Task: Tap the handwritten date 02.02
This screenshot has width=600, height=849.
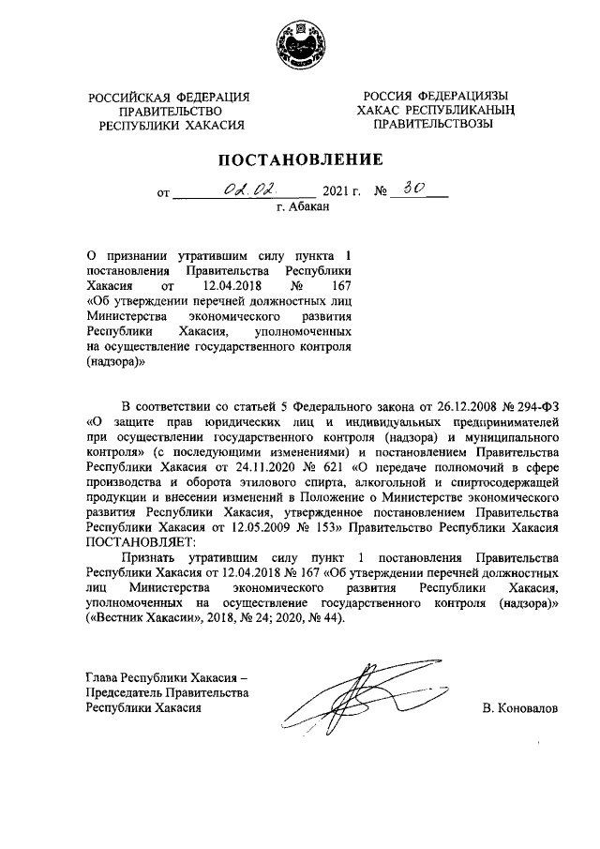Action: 246,189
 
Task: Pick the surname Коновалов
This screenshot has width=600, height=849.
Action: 518,708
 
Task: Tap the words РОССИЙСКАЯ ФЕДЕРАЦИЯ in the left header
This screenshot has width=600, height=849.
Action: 170,98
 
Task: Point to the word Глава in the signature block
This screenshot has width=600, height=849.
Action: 104,677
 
